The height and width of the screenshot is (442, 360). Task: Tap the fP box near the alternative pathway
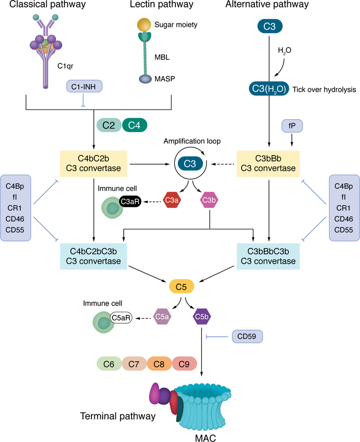tap(292, 126)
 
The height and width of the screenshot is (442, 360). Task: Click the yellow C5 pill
tap(182, 286)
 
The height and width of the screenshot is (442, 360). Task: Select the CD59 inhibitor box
tap(248, 336)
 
